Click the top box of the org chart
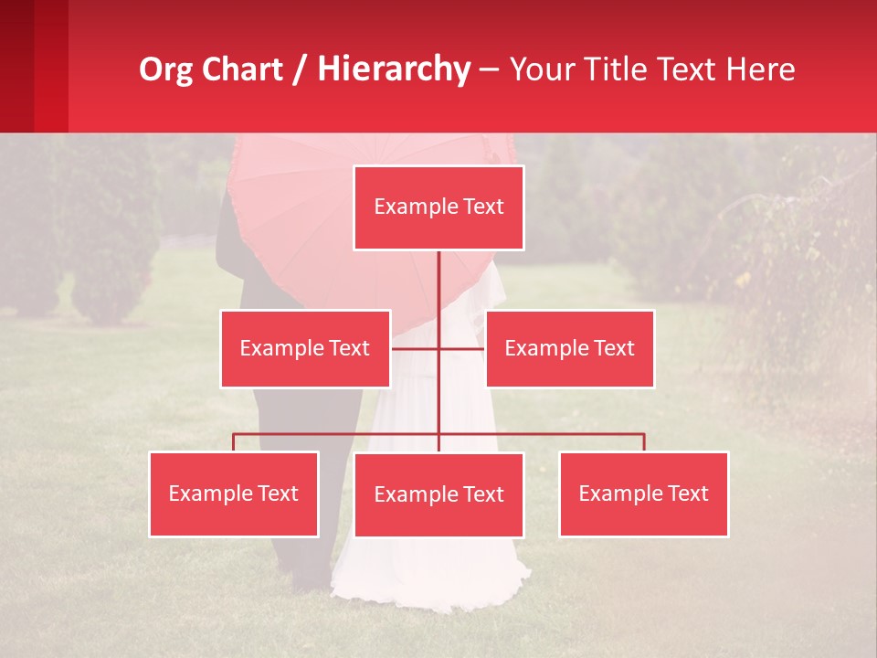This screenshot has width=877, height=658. click(x=438, y=207)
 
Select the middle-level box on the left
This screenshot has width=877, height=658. click(x=305, y=348)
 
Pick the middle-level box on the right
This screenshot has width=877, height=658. click(x=569, y=348)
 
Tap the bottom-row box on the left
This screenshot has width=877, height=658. click(x=234, y=493)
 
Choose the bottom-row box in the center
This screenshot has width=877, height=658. click(x=438, y=494)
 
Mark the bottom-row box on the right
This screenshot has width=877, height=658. click(x=643, y=493)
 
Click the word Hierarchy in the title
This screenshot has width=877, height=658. click(x=394, y=69)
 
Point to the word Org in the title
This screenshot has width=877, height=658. click(x=165, y=69)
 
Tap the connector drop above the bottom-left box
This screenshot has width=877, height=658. click(x=234, y=442)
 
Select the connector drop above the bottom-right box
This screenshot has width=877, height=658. click(x=644, y=442)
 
